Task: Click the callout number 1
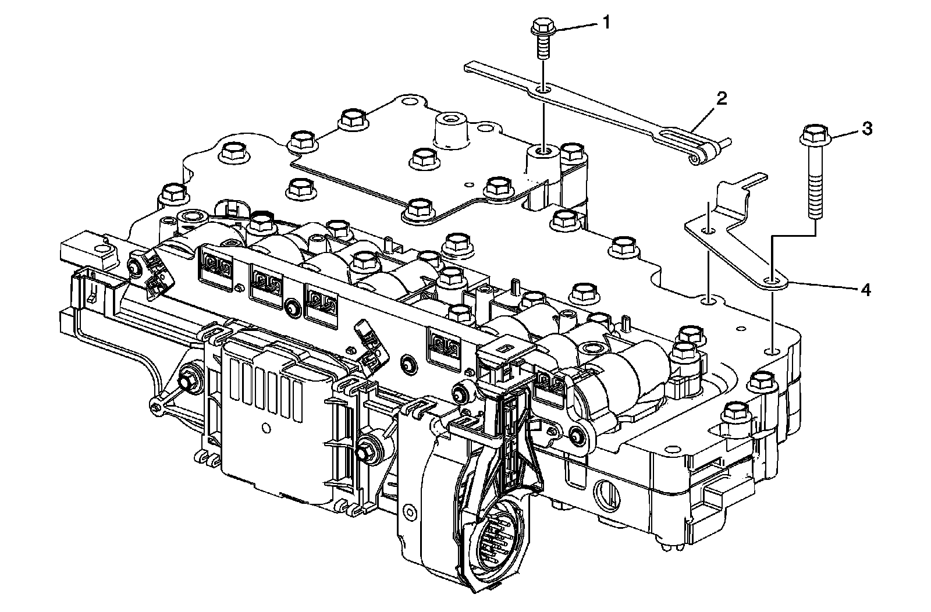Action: (x=606, y=23)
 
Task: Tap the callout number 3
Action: (x=867, y=129)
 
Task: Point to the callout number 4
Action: (x=866, y=290)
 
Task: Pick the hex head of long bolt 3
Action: (x=812, y=136)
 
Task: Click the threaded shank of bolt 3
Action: (x=815, y=186)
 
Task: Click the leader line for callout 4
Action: (x=820, y=286)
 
